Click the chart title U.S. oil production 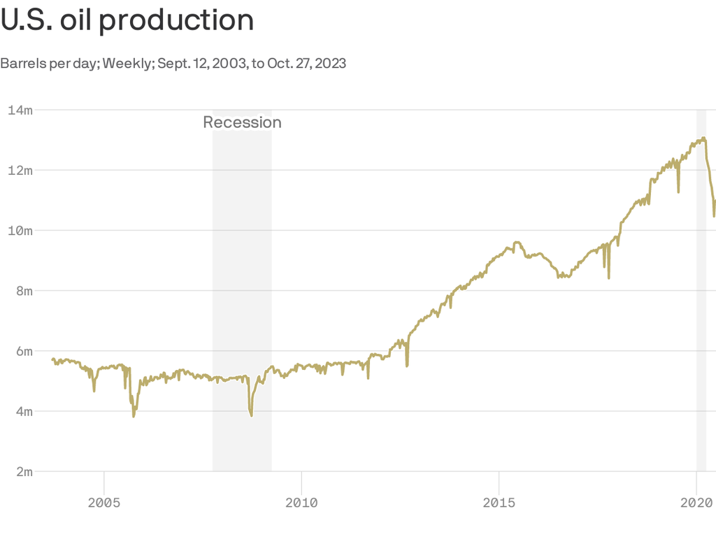tap(127, 20)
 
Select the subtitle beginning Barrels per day tap(173, 64)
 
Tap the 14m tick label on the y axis tap(20, 110)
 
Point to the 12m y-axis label tap(20, 170)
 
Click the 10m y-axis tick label tap(20, 230)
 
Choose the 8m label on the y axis tap(23, 291)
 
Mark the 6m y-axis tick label tap(23, 351)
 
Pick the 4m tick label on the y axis tap(23, 411)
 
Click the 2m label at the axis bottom tap(23, 471)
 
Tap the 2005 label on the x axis tap(103, 502)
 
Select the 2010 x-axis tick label tap(301, 502)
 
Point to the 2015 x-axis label tap(499, 502)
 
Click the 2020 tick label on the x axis tap(696, 502)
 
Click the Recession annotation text tap(242, 122)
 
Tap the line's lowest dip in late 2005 tap(134, 416)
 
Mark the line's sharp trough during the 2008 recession tap(251, 415)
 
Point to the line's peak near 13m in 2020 tap(703, 138)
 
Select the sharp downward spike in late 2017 tap(609, 277)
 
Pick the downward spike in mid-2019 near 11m tap(678, 191)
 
